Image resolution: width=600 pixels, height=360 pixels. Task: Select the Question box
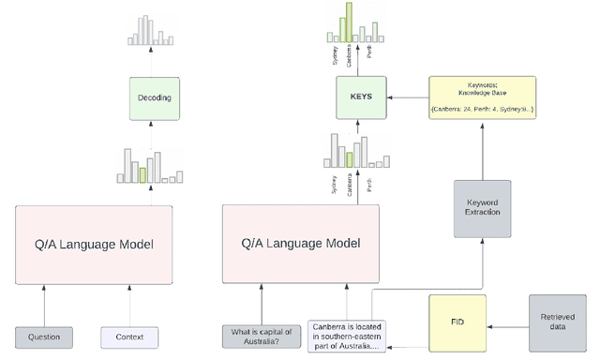coord(44,337)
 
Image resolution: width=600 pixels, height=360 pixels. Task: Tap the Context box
coord(130,337)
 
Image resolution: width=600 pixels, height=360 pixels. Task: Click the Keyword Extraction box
coord(484,206)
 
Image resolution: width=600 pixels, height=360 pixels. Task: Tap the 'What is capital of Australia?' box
coord(262,337)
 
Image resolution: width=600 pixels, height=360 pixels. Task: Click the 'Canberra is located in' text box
coord(348,337)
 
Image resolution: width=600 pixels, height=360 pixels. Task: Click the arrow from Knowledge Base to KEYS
coord(405,97)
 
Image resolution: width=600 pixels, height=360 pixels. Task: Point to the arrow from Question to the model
coord(44,305)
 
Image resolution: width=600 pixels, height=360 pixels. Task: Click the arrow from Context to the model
coord(130,305)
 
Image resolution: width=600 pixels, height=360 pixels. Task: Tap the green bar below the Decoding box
coord(142,174)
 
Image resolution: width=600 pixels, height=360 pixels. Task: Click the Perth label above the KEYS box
coord(368,52)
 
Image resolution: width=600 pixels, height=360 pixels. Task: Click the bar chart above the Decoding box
coord(150,30)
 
